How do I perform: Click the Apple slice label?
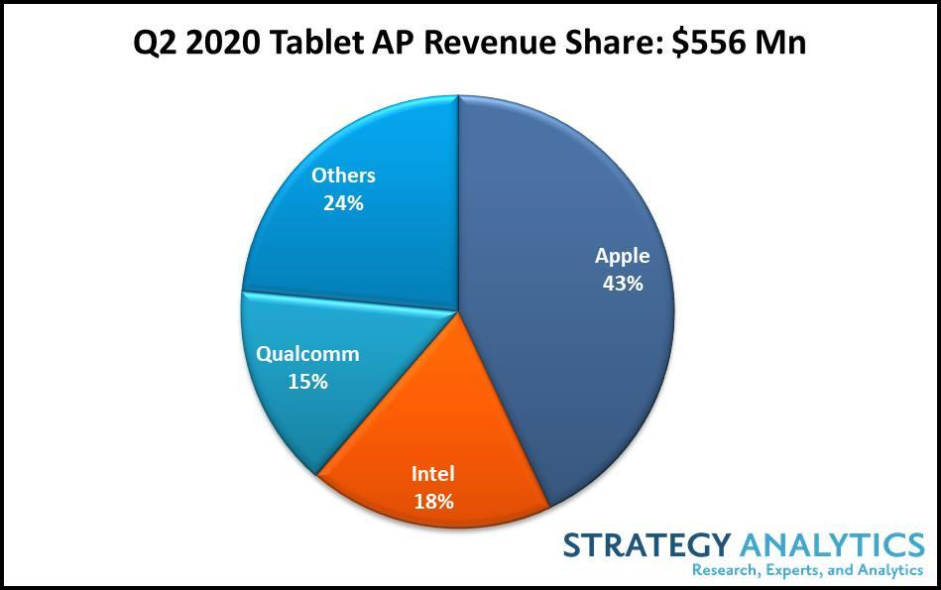click(622, 256)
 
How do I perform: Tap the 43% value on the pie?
click(622, 284)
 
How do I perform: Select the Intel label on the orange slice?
click(432, 473)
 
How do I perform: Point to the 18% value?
click(432, 501)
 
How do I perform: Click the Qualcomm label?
click(307, 354)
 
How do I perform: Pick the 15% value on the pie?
click(307, 381)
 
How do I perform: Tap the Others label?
click(343, 176)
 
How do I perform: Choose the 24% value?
click(343, 203)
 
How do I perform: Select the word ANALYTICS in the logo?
click(831, 544)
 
